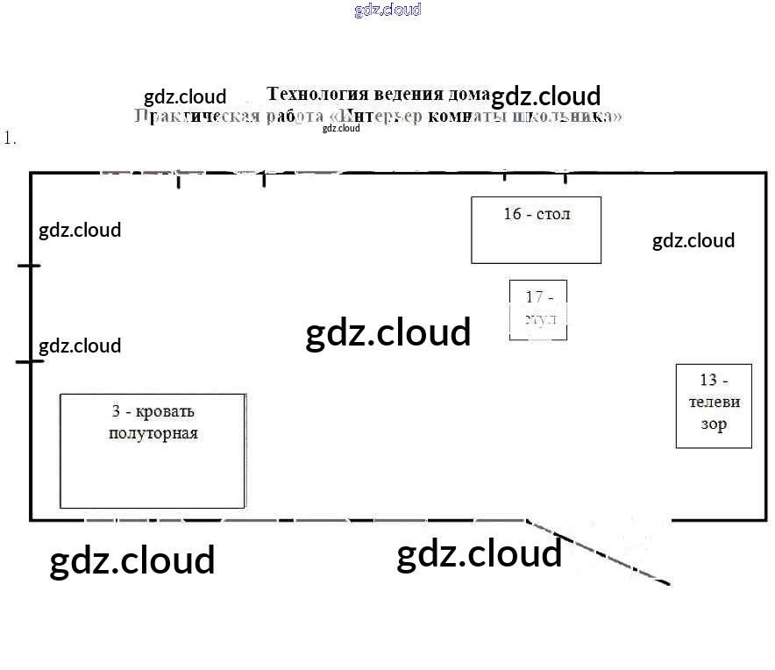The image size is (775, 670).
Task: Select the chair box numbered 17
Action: pyautogui.click(x=538, y=309)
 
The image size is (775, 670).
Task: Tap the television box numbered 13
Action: pyautogui.click(x=714, y=405)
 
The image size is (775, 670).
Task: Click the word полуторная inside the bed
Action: pyautogui.click(x=153, y=433)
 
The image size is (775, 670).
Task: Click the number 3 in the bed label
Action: pyautogui.click(x=116, y=411)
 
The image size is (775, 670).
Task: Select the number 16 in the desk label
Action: pyautogui.click(x=512, y=213)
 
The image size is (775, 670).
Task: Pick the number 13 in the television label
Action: pyautogui.click(x=708, y=380)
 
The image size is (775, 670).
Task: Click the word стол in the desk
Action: pyautogui.click(x=553, y=213)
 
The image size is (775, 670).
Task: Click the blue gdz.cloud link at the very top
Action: pyautogui.click(x=387, y=10)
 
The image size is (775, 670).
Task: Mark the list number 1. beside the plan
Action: pyautogui.click(x=11, y=138)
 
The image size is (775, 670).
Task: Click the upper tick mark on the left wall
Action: pyautogui.click(x=29, y=265)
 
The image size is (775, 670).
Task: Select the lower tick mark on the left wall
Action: pyautogui.click(x=29, y=361)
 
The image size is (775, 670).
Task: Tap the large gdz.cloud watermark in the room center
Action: pyautogui.click(x=387, y=333)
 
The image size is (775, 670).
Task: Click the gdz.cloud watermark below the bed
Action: pyautogui.click(x=132, y=560)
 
